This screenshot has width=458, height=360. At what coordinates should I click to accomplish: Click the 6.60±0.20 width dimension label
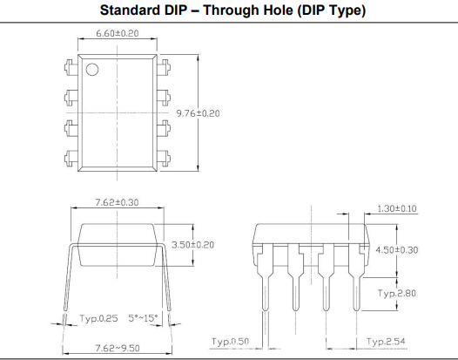pos(118,33)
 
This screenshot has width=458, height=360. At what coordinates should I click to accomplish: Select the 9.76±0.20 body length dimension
pos(198,113)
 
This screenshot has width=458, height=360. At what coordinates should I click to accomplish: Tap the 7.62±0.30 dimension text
pos(118,202)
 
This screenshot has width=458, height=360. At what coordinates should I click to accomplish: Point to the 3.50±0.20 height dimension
pos(192,245)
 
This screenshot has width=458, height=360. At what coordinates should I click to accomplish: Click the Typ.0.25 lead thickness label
pos(98,318)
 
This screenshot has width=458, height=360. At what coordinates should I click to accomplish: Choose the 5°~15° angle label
pos(143,318)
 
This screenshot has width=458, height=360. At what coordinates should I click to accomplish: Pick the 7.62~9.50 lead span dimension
pos(118,348)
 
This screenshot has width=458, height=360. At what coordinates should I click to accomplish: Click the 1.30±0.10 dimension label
pos(397,208)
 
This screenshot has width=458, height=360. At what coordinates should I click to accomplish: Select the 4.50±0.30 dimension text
pos(397,250)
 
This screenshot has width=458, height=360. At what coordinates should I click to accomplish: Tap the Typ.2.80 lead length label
pos(397,293)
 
